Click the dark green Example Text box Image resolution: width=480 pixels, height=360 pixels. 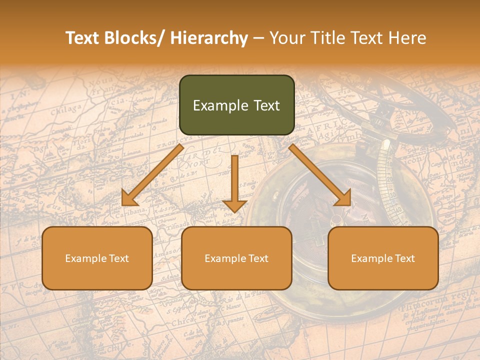coord(236,105)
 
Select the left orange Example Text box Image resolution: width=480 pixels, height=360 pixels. coord(97,258)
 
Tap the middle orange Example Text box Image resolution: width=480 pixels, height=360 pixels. coord(236,258)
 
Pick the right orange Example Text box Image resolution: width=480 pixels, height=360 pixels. coord(383,258)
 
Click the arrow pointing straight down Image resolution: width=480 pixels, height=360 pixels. coord(234,185)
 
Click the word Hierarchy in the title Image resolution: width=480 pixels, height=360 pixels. coord(209,38)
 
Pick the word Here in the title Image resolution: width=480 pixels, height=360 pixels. coord(407,38)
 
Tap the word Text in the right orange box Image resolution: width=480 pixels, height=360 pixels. coord(403,258)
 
